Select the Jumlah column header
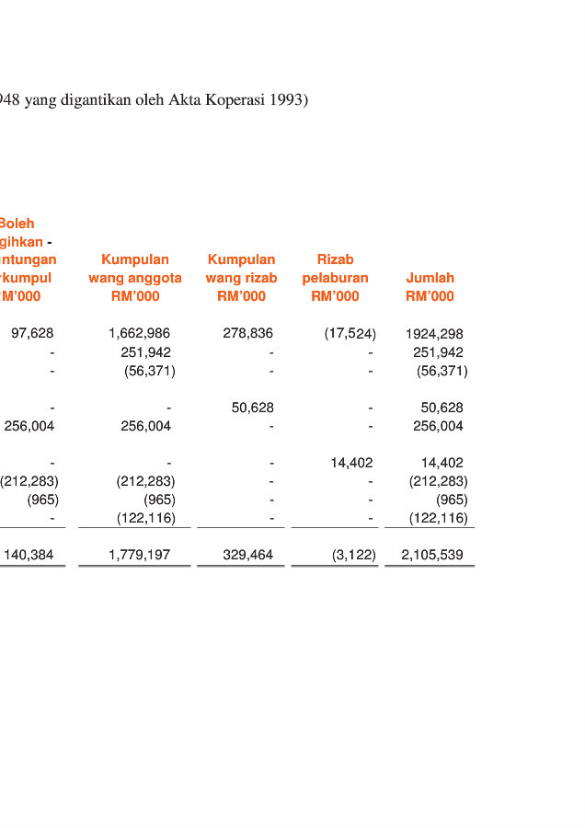430,278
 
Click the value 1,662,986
139,333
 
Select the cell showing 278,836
247,333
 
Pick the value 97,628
32,333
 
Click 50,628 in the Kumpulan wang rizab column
252,408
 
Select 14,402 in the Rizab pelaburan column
351,463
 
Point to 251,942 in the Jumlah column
438,352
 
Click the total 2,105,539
432,555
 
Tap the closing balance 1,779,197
139,555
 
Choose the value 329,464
247,555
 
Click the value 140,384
29,555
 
